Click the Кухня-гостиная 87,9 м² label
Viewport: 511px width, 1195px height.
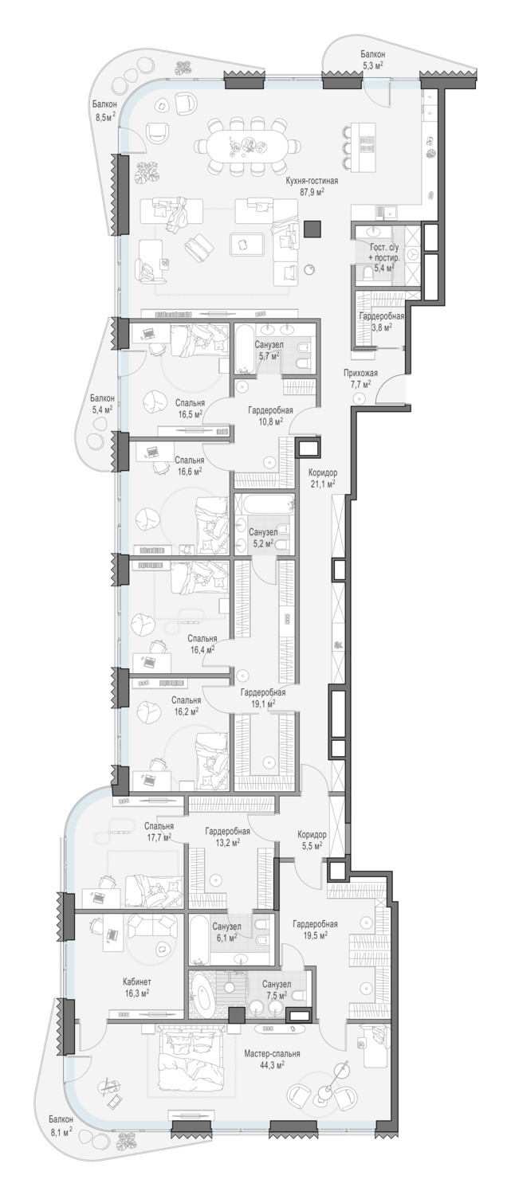click(312, 186)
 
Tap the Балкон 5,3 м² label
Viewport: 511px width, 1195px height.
click(372, 59)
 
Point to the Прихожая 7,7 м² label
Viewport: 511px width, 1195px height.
click(360, 378)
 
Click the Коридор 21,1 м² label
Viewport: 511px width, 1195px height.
click(323, 478)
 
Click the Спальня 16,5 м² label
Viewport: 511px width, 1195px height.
click(190, 408)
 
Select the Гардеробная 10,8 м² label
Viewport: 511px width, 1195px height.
click(269, 415)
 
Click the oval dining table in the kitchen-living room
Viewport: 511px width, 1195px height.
click(246, 144)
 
